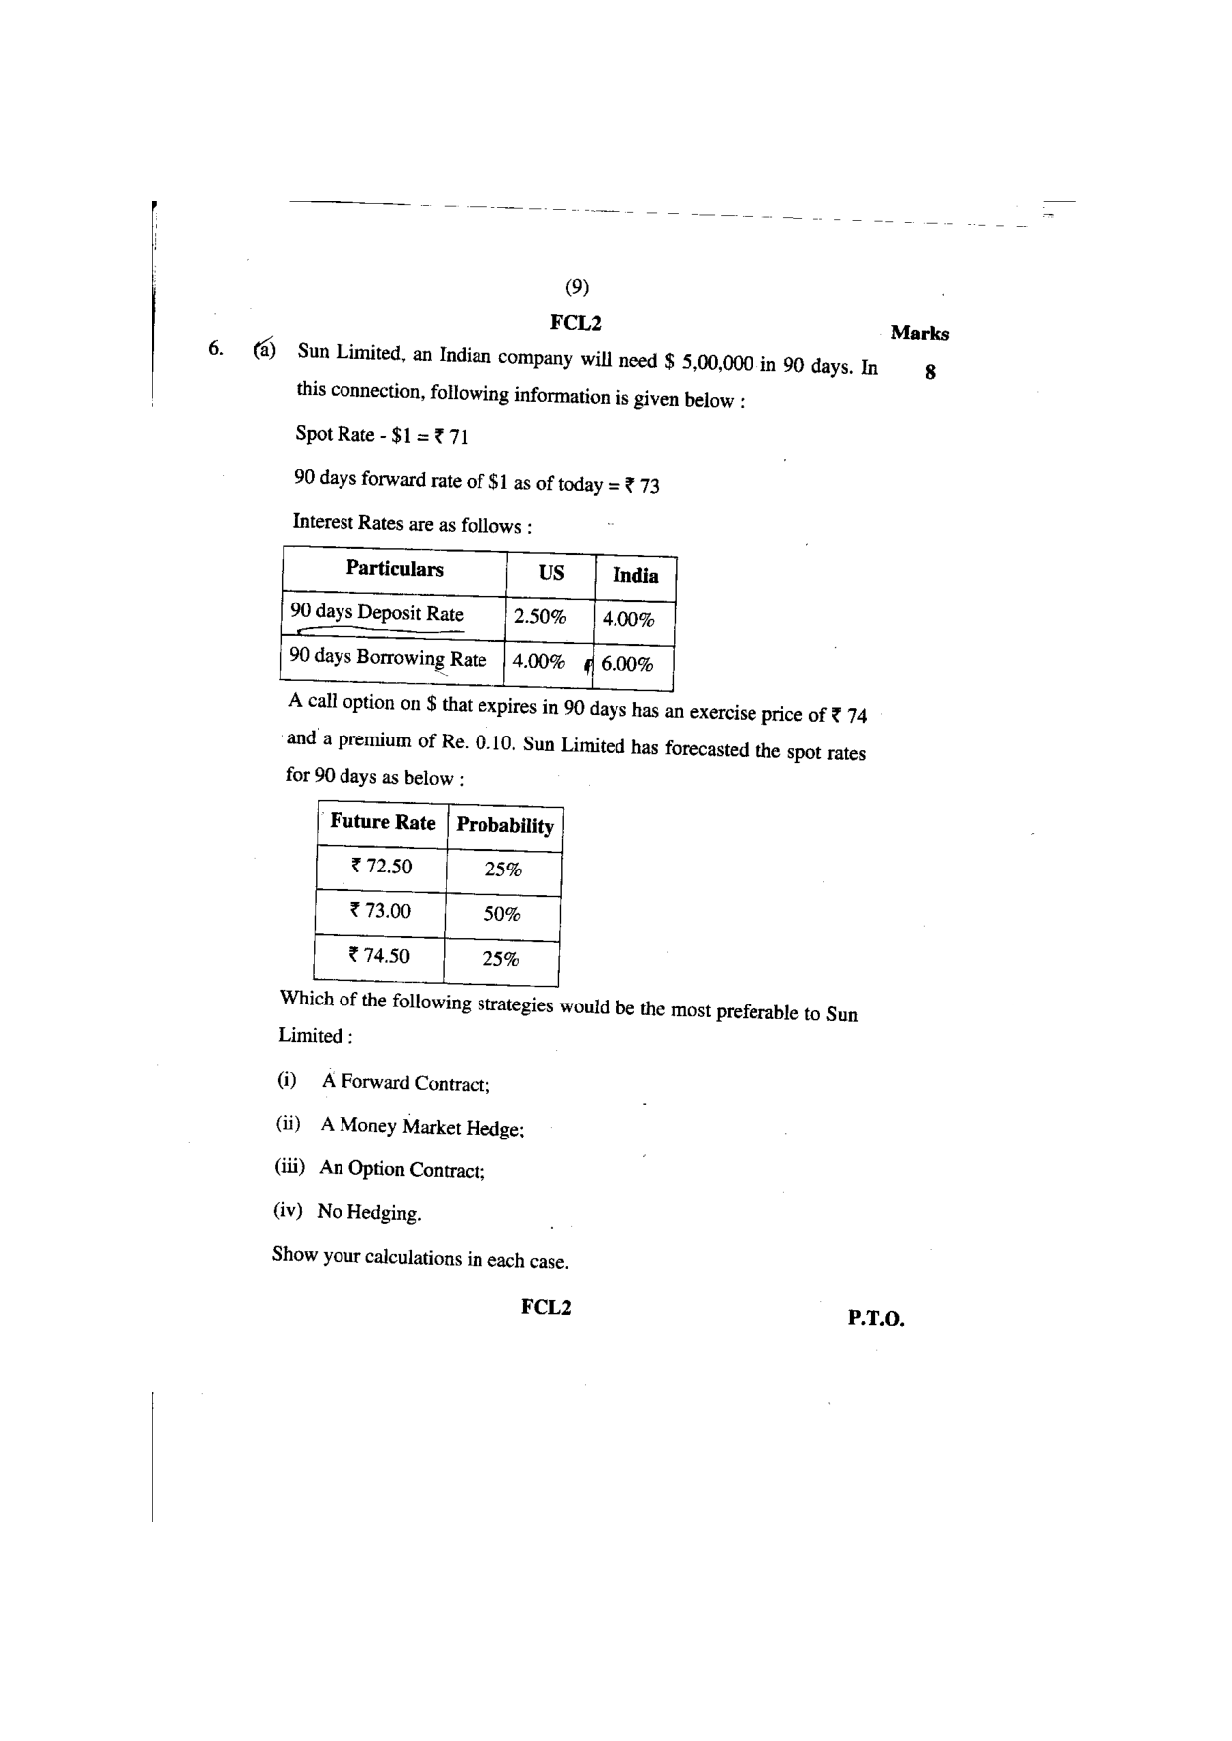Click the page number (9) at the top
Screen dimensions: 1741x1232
point(577,287)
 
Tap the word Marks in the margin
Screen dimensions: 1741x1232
point(919,334)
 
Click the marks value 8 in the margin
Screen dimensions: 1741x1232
point(930,373)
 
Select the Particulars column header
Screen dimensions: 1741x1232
point(394,569)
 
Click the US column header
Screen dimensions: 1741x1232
point(551,573)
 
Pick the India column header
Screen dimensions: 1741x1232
point(635,576)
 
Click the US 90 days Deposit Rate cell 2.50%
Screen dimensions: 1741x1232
point(539,617)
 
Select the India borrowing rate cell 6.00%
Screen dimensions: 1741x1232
point(627,664)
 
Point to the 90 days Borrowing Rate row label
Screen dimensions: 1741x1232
point(387,658)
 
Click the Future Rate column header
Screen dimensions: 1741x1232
point(382,822)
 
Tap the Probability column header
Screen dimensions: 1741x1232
point(504,826)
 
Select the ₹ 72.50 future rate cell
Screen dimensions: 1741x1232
point(381,866)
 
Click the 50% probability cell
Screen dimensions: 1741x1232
point(502,914)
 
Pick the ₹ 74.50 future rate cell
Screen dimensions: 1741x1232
point(378,956)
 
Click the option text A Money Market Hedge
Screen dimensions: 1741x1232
point(422,1127)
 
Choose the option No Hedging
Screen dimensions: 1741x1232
point(368,1212)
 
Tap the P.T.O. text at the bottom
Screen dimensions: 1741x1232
point(876,1319)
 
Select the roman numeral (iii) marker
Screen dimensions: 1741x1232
point(290,1167)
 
